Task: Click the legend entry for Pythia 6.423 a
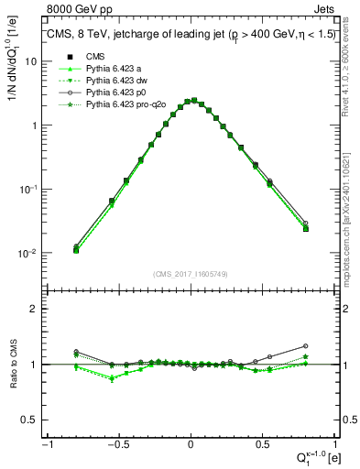(115, 68)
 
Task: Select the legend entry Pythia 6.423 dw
(116, 81)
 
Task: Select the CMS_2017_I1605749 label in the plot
(190, 274)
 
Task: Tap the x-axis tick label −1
(46, 444)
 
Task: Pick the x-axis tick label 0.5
(262, 444)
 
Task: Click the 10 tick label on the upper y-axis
(32, 61)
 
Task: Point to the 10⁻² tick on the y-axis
(29, 254)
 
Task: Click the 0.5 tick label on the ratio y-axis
(33, 420)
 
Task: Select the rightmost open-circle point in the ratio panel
(306, 346)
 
